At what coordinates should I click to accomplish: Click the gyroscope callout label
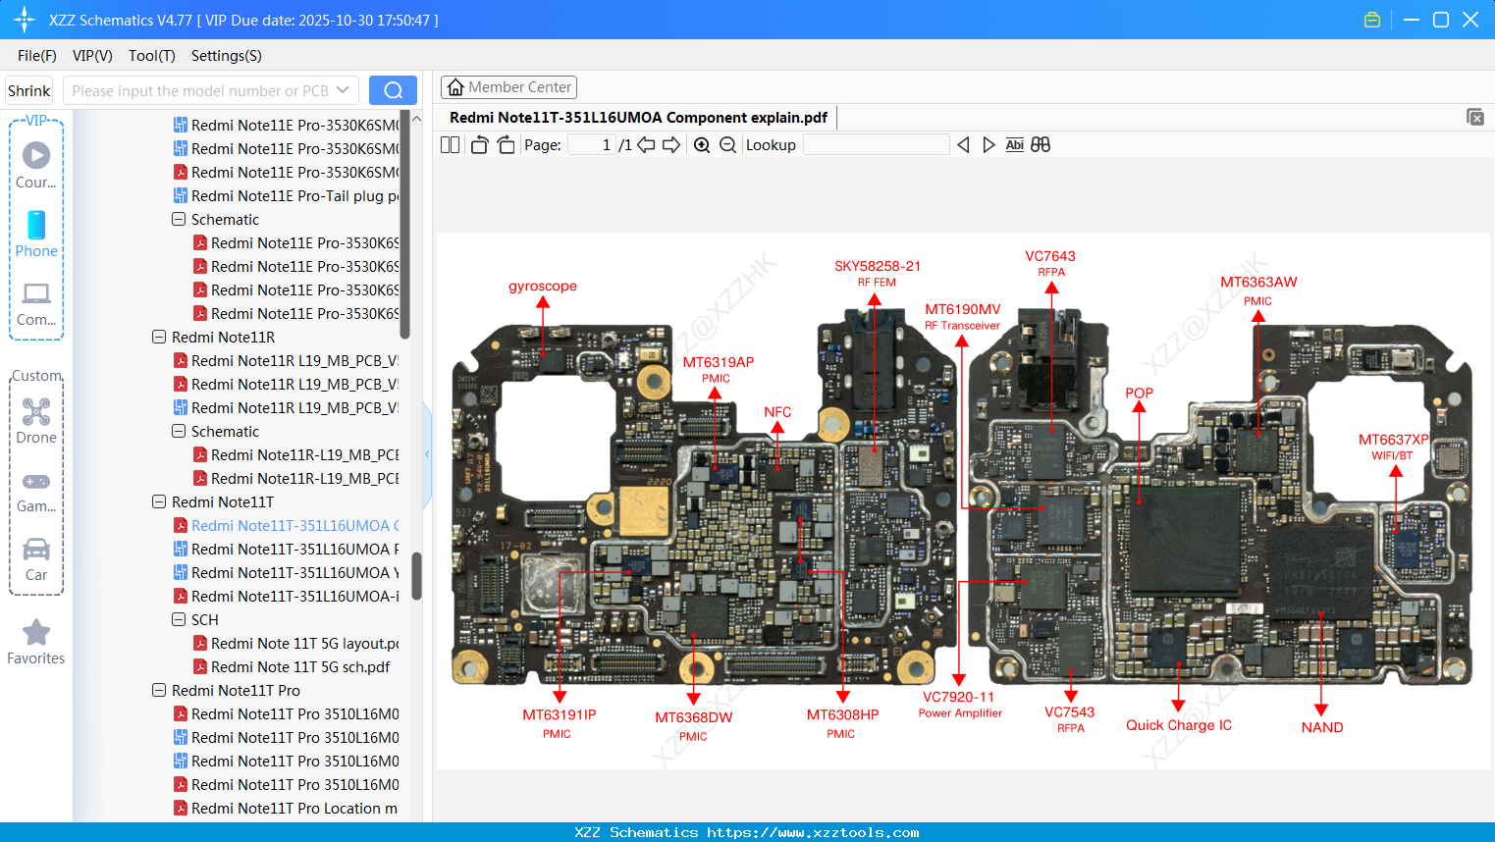(542, 287)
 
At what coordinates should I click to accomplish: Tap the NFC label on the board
(777, 412)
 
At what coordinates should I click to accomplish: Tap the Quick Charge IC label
(1178, 725)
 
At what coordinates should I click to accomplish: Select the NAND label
(1321, 727)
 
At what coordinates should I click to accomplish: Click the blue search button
(393, 90)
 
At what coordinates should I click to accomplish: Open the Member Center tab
(508, 87)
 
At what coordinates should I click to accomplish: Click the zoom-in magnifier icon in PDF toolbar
(702, 145)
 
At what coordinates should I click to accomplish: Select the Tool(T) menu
(151, 56)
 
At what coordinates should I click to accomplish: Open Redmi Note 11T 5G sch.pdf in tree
(299, 667)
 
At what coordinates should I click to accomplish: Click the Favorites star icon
(36, 633)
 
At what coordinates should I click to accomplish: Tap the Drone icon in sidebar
(36, 413)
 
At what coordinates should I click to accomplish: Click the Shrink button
(29, 90)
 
